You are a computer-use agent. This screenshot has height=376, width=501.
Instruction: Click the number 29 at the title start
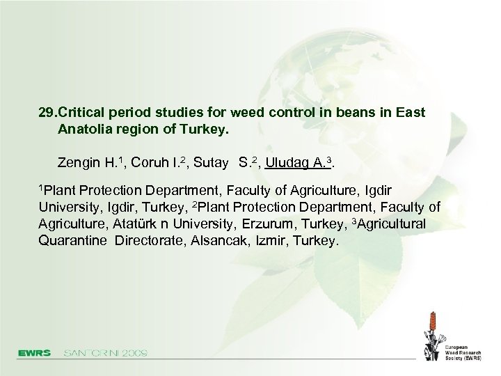47,112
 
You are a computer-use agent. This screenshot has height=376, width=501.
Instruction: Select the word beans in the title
345,112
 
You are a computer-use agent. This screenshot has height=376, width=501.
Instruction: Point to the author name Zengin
79,164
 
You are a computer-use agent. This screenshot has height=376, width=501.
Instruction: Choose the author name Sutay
211,164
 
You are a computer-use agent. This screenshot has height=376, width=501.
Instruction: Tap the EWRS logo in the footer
35,353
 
